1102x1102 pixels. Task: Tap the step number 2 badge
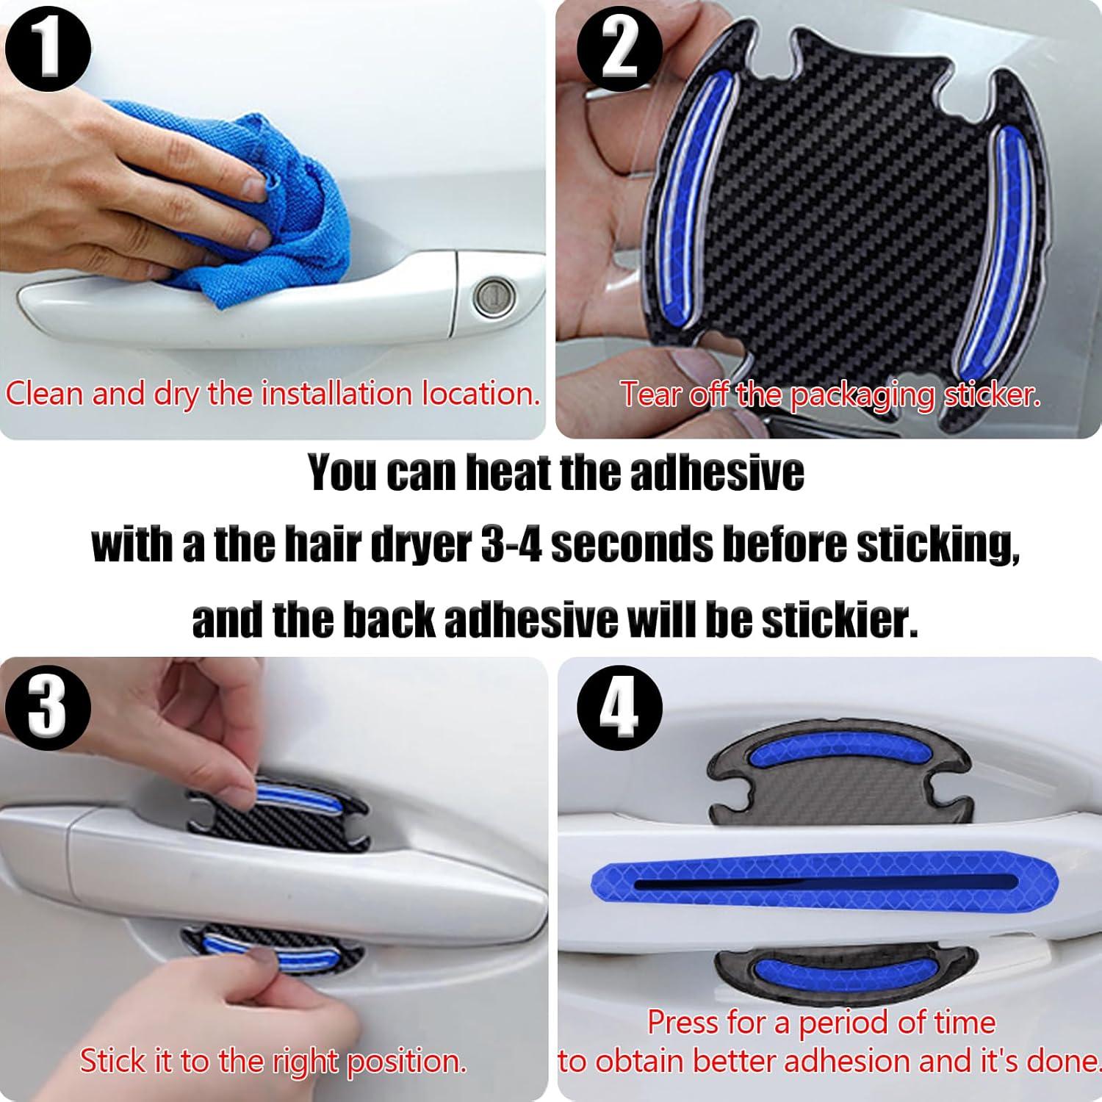pos(619,50)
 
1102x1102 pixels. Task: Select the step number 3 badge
pos(48,707)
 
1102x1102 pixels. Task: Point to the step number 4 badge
pos(619,707)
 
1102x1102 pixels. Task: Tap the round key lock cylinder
pos(491,298)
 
